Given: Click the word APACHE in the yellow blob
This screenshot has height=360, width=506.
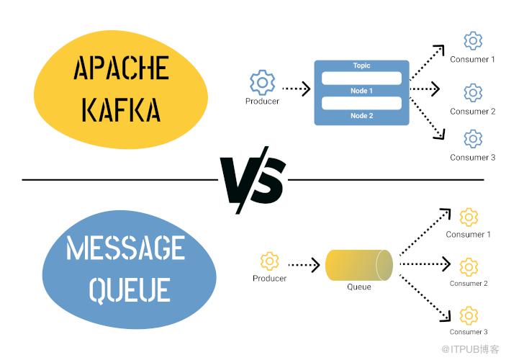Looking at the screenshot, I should click(x=120, y=69).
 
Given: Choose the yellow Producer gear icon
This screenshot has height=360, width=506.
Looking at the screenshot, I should click(x=269, y=261).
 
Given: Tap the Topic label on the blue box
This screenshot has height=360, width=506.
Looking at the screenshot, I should click(x=361, y=66).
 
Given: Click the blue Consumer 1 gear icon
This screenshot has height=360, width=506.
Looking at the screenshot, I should click(x=473, y=40).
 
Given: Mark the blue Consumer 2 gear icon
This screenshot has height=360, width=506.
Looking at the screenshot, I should click(x=473, y=92).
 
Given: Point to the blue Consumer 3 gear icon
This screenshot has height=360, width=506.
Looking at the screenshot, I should click(x=473, y=139).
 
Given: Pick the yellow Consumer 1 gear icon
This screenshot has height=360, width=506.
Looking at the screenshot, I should click(x=469, y=216).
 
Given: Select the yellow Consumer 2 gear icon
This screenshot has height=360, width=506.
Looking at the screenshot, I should click(x=469, y=266).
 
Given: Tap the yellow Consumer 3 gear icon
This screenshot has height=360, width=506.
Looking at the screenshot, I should click(x=469, y=315).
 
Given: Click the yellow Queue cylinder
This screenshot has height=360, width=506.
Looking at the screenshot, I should click(x=358, y=265).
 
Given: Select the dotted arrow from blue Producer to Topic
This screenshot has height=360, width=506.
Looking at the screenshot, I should click(x=296, y=89).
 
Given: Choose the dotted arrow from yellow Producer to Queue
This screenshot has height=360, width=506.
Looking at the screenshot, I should click(x=304, y=265).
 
